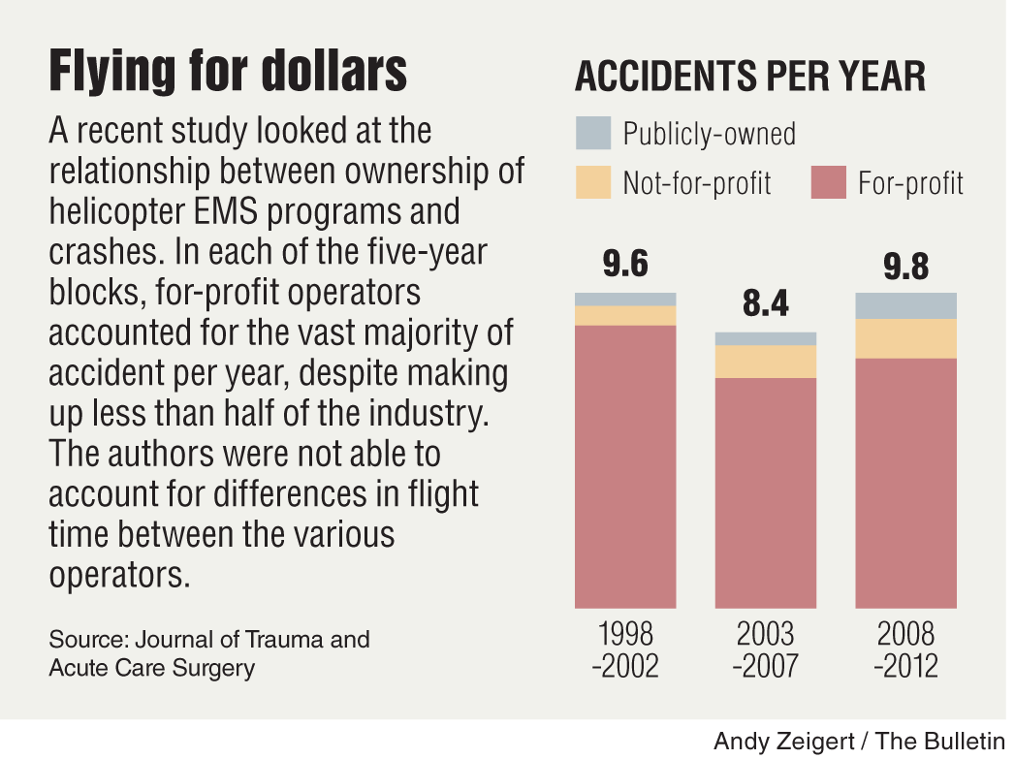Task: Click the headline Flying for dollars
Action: click(x=228, y=73)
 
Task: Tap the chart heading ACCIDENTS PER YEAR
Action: click(x=750, y=77)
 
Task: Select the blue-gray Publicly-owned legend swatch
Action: click(x=593, y=133)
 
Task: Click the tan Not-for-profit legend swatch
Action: click(x=593, y=182)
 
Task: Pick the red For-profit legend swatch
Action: click(x=828, y=182)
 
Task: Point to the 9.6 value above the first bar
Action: click(x=625, y=265)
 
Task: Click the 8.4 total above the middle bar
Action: click(x=765, y=304)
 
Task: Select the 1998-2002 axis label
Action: click(x=626, y=650)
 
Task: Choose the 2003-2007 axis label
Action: click(x=765, y=650)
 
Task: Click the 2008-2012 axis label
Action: click(x=905, y=650)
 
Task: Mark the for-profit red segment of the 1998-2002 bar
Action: click(x=625, y=465)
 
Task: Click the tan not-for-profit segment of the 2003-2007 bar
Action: click(x=765, y=362)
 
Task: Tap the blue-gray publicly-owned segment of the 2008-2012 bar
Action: click(x=905, y=305)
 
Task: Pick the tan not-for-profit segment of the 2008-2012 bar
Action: click(x=905, y=338)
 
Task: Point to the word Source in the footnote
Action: click(x=87, y=640)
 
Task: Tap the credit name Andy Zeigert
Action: click(x=783, y=742)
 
